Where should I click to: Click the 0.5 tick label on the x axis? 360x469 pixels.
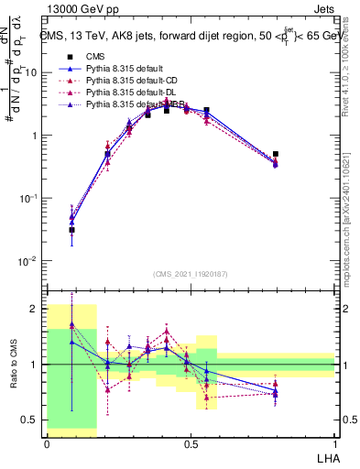[x=190, y=442]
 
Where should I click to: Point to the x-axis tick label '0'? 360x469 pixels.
[x=47, y=442]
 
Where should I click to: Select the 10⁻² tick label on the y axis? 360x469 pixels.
[x=31, y=261]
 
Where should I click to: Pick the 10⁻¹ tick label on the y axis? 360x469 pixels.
[x=31, y=198]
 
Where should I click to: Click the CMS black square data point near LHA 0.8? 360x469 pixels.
[x=276, y=154]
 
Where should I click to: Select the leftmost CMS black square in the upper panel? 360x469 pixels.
[x=71, y=230]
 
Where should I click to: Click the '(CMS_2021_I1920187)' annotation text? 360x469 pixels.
[x=191, y=273]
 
